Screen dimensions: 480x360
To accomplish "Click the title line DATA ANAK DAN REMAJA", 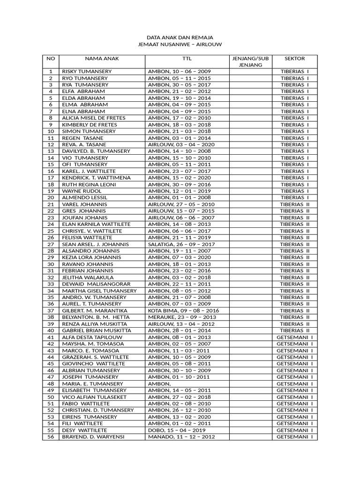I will point(180,37).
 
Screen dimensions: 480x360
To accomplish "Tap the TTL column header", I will point(187,59).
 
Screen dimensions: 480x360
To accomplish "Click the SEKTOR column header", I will point(294,59).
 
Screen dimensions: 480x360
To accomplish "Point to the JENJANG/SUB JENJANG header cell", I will point(250,61).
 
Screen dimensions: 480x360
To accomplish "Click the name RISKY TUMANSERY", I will point(87,71).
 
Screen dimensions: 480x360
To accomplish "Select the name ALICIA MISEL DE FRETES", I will point(94,118).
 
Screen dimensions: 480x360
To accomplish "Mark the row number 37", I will point(51,310).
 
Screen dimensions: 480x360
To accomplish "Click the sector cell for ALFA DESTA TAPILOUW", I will point(294,337).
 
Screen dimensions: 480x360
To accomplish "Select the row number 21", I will point(51,204).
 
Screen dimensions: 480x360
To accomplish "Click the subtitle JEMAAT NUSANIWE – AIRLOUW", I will point(180,44).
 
